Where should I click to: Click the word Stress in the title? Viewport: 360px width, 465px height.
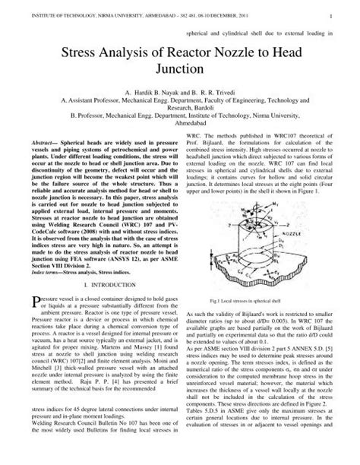pyautogui.click(x=72, y=53)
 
